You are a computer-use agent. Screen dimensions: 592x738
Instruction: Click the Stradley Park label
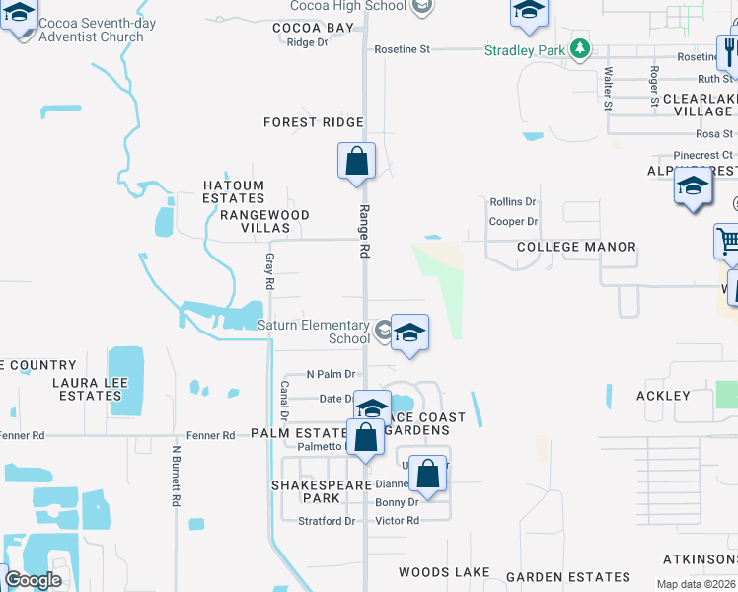[522, 49]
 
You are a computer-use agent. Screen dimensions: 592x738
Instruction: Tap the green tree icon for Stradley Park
[581, 48]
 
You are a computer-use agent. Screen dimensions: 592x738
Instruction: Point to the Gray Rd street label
[268, 271]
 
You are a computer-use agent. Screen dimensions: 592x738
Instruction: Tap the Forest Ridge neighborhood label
[314, 122]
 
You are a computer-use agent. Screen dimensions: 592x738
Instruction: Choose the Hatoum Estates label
[234, 191]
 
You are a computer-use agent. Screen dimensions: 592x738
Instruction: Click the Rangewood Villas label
[264, 221]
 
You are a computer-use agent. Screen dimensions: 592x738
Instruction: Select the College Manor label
[576, 247]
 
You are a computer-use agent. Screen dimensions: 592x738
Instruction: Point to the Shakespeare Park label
[306, 491]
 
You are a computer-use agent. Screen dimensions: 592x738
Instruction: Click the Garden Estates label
[568, 577]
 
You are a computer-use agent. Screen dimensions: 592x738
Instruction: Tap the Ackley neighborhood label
[664, 396]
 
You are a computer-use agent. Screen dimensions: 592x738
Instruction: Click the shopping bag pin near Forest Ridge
[356, 161]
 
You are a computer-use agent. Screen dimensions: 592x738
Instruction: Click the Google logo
[33, 580]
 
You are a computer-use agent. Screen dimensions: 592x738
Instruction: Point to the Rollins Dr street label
[513, 202]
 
